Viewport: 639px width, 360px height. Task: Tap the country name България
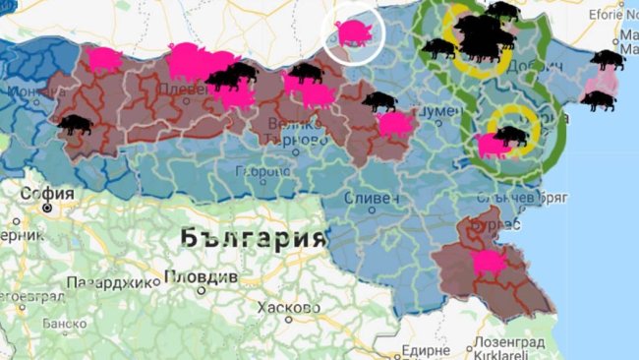point(253,238)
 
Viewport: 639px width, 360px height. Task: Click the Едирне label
point(425,349)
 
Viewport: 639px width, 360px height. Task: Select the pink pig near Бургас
point(488,262)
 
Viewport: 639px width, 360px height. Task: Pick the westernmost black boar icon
point(76,125)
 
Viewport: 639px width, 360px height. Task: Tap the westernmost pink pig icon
point(102,59)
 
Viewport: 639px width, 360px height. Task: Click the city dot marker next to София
point(44,209)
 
